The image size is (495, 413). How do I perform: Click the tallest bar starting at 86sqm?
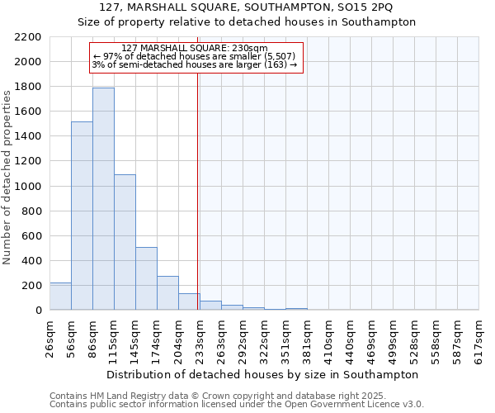coord(103,198)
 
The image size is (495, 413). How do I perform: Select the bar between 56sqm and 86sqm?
coord(82,216)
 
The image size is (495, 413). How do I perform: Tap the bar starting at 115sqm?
coord(125,242)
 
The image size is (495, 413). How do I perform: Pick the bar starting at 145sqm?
coord(146,278)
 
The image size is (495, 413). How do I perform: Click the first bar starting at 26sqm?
coord(60,297)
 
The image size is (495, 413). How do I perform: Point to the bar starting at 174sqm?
coord(167,293)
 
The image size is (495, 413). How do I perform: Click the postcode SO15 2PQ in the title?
coord(367,7)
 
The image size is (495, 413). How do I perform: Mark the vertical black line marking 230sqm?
coord(198,182)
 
